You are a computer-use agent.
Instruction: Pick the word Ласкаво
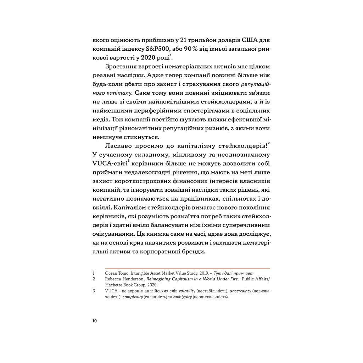(119, 146)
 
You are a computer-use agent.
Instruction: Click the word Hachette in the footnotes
(114, 284)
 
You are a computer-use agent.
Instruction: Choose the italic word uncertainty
(241, 291)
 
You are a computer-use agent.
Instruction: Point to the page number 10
(94, 321)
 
